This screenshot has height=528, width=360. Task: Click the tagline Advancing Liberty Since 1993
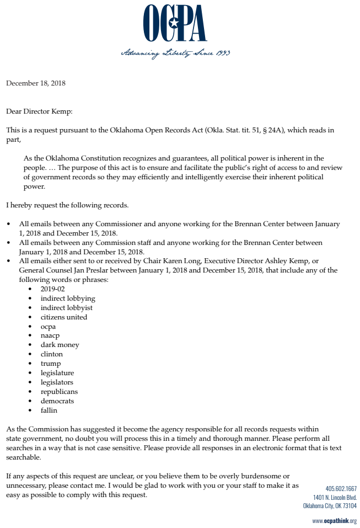pos(175,54)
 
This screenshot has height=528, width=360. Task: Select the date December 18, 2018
pos(36,83)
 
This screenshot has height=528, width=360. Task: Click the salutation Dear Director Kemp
pos(39,111)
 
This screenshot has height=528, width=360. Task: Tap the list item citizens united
pos(63,317)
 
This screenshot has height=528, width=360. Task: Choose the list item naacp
pos(50,335)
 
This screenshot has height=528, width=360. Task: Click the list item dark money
pos(60,345)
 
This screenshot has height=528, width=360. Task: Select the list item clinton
pos(51,354)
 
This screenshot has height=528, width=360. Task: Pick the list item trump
pos(50,364)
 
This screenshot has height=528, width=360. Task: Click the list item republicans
pos(59,392)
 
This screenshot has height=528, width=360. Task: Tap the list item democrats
pos(57,401)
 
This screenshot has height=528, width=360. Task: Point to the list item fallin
pos(49,410)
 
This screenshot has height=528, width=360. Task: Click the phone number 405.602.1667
pos(341,488)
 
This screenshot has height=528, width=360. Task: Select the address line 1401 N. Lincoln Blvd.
pos(335,497)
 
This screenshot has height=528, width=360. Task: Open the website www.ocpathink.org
pos(334,521)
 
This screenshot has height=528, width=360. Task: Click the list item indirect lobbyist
pos(66,307)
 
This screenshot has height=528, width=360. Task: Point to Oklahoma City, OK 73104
pos(330,506)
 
